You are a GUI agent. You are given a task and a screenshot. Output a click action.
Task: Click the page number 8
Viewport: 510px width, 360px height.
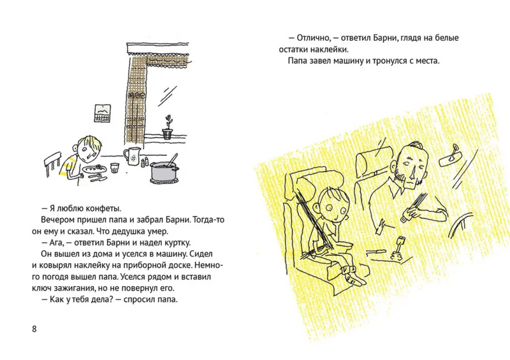[34, 328]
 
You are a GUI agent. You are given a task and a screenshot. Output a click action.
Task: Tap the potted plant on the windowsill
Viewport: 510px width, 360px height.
[167, 129]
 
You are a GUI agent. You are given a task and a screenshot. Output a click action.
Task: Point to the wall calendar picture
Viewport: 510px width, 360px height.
[102, 114]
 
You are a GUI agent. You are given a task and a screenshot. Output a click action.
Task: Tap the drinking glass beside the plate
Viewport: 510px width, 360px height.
[115, 168]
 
